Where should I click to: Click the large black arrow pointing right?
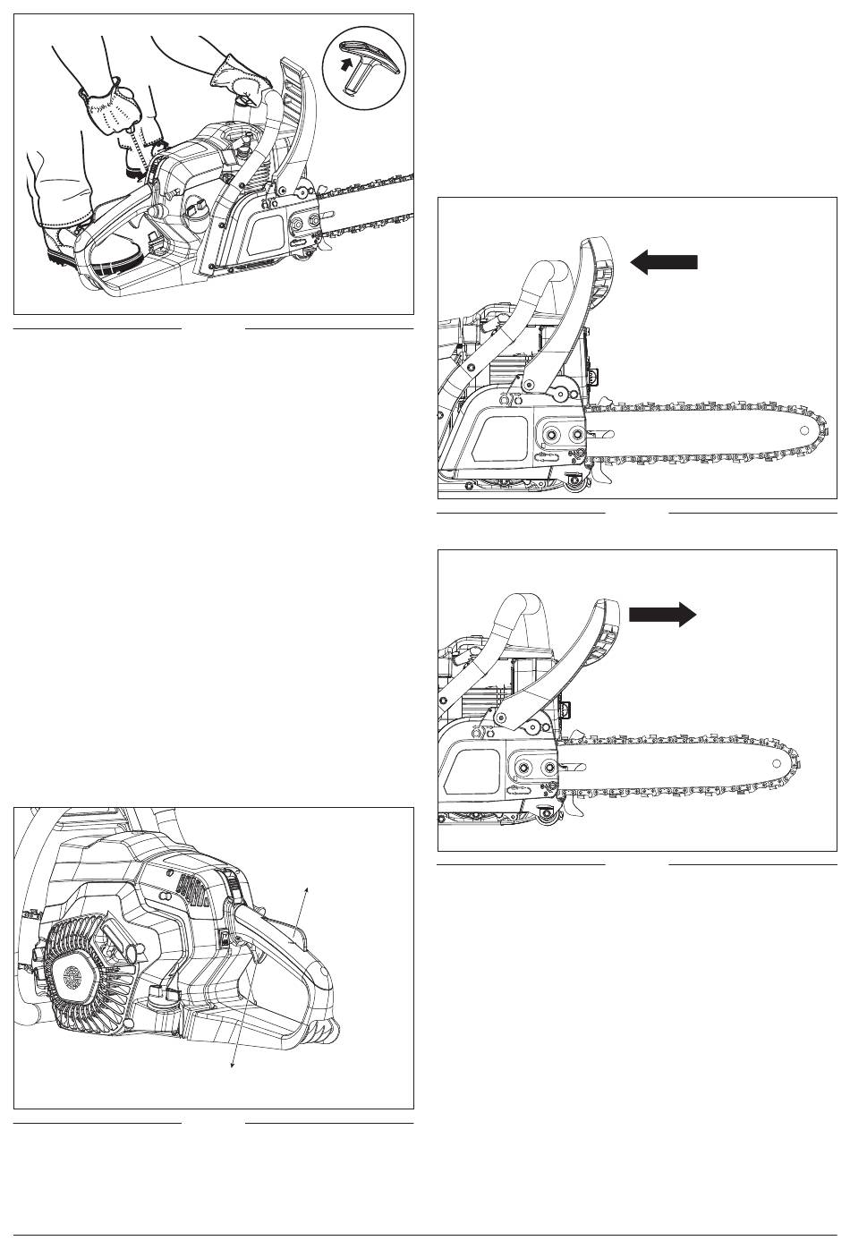(663, 614)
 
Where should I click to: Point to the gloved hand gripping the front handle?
(241, 86)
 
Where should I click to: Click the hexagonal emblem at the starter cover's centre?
(72, 977)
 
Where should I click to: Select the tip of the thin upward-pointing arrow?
(308, 887)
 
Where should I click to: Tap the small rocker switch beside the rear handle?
(225, 938)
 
